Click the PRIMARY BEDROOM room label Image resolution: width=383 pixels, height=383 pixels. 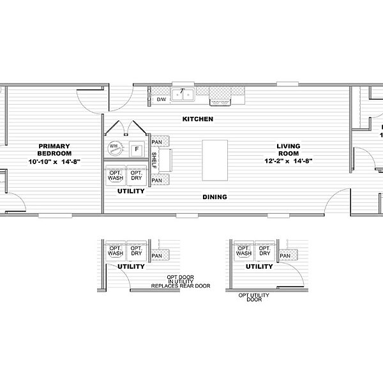[49, 149]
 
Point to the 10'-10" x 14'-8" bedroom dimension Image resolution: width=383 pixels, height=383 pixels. [49, 162]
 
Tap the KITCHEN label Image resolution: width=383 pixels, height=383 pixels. [197, 119]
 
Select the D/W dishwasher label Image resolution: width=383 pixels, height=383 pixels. [161, 99]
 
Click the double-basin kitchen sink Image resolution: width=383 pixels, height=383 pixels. [185, 96]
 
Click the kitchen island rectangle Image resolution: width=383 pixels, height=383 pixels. [214, 160]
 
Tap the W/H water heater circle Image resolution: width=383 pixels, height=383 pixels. [114, 147]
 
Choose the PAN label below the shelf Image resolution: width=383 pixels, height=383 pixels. [156, 180]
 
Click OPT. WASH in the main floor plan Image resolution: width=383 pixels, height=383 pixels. [115, 176]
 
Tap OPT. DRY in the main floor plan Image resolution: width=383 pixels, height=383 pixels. [135, 176]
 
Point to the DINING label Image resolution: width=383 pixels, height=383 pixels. [214, 197]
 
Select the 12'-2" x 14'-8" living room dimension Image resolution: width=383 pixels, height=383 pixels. [288, 162]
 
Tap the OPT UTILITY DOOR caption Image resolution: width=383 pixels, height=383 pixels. [254, 297]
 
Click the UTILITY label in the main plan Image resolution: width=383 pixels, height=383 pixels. [130, 191]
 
